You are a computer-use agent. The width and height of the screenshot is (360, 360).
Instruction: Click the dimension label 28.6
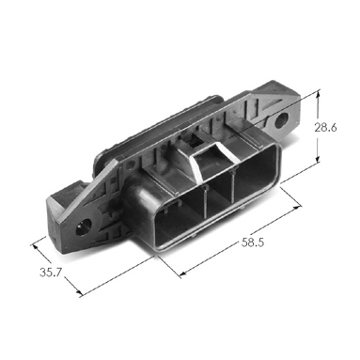click(325, 127)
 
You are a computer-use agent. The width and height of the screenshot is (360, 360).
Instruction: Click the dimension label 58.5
click(253, 243)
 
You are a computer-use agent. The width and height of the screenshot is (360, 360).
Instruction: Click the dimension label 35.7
click(51, 272)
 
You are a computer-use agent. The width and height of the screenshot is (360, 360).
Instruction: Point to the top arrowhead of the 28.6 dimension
click(319, 93)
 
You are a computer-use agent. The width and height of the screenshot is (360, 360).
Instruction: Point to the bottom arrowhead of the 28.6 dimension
click(318, 159)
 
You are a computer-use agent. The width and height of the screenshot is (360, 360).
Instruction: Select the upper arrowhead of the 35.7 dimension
click(35, 246)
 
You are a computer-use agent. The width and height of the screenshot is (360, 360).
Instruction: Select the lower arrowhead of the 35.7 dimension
click(80, 292)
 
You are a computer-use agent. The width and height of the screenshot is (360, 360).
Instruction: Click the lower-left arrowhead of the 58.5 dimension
click(183, 274)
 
